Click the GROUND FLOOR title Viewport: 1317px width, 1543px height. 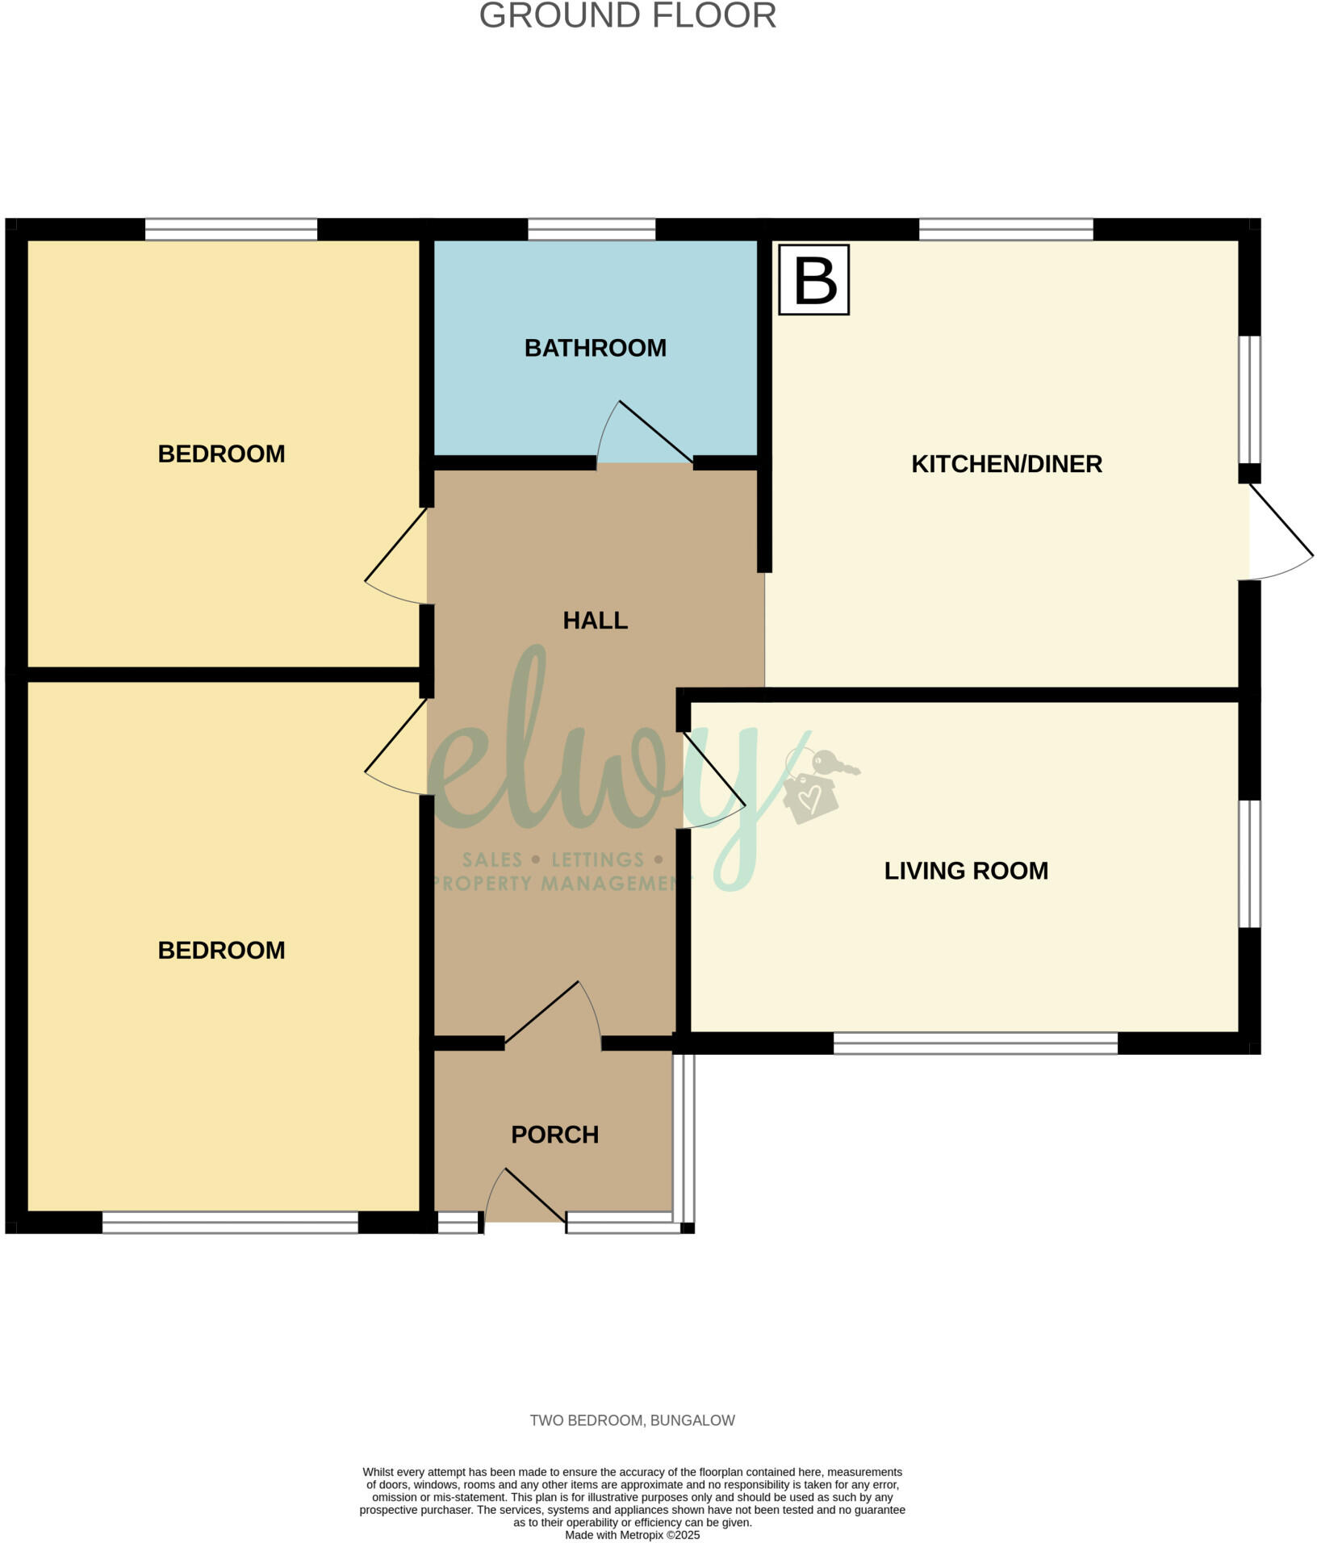[627, 16]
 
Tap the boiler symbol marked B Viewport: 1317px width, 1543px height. [813, 280]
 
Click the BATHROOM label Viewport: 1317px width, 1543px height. [595, 348]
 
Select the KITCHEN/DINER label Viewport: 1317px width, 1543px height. [1006, 464]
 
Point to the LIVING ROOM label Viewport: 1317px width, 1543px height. [966, 871]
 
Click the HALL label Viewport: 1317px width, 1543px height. [595, 621]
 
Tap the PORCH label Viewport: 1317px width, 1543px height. [554, 1135]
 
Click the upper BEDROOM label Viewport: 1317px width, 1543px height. [221, 454]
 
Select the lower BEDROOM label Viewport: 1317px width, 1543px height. [221, 951]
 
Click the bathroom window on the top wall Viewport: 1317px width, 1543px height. [592, 229]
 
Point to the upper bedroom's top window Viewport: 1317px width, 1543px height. [231, 229]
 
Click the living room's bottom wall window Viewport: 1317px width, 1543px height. [975, 1043]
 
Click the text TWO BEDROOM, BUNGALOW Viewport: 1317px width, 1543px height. [632, 1420]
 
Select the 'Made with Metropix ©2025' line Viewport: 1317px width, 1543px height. [632, 1535]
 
